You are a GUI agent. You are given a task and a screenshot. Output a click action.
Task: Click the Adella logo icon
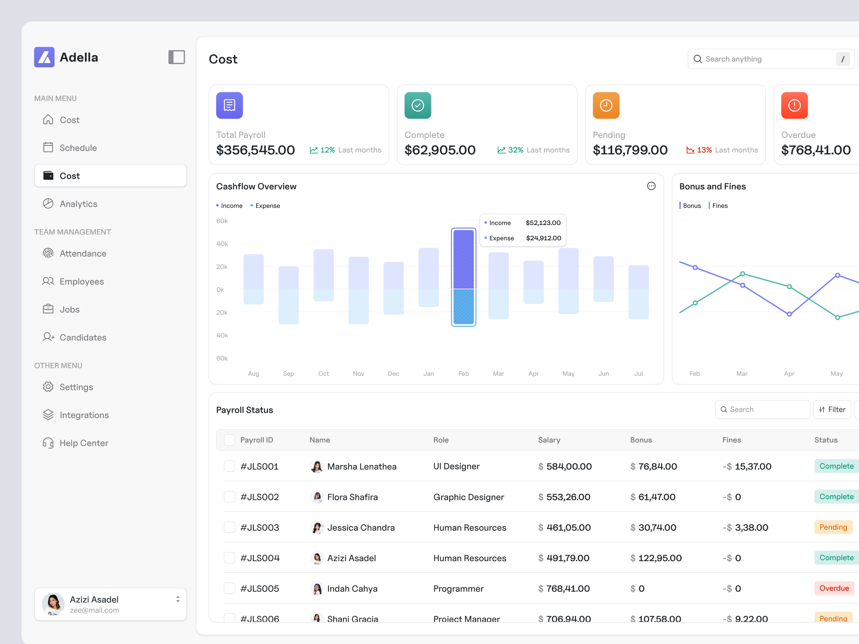tap(44, 57)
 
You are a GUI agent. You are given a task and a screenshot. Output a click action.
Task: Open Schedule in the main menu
tap(78, 148)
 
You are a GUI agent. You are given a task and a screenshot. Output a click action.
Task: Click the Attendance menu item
tap(83, 253)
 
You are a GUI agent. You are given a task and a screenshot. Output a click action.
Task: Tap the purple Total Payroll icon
tap(230, 105)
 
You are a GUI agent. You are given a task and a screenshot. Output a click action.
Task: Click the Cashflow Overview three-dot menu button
tap(651, 186)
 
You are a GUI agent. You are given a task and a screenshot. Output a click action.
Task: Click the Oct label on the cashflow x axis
tap(323, 373)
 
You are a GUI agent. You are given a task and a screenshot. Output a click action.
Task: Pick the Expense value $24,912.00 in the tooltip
tap(543, 238)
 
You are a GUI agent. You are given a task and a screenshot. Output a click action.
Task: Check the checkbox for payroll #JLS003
tap(230, 527)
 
